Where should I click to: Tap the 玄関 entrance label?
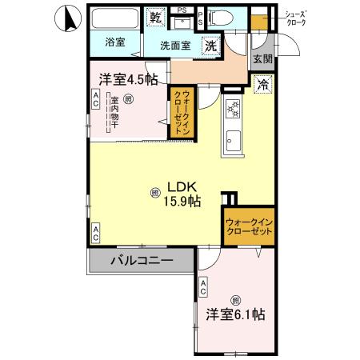262,58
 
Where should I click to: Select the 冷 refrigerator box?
262,82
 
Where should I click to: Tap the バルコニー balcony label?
140,260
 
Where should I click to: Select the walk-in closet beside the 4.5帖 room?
183,113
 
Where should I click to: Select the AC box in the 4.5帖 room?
95,100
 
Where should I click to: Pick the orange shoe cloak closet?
259,19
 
